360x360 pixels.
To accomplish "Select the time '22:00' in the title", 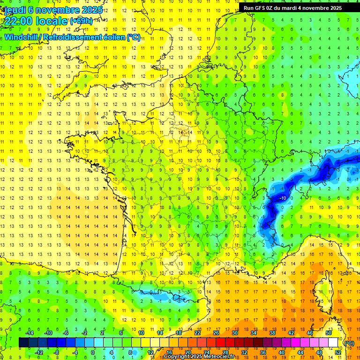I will (x=19, y=21).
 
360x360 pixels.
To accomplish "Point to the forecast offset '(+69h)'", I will (x=81, y=21).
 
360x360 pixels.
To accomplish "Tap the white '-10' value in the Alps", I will (x=283, y=198).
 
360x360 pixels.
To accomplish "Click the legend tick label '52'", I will (x=338, y=352).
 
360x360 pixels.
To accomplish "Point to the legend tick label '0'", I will (x=92, y=352).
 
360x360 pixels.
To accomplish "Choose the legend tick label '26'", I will (x=216, y=333).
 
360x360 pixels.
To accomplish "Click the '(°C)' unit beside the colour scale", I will (x=349, y=343).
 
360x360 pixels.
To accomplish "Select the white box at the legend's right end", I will (x=333, y=343).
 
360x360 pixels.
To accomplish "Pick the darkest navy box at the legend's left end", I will (x=23, y=343).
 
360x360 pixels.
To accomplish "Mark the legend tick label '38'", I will (x=272, y=333).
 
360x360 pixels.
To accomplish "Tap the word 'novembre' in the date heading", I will (x=55, y=10).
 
